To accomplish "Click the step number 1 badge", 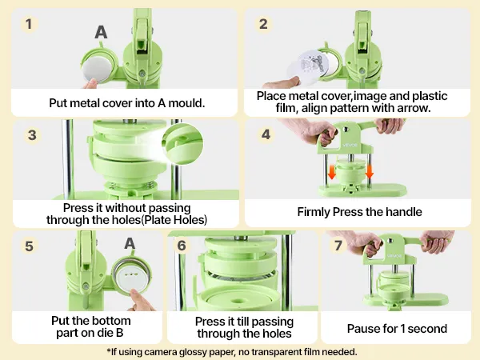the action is pos(29,24).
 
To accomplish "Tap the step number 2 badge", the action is pos(263,24).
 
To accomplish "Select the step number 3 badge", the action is pos(32,135).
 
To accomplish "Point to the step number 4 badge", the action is pos(266,134).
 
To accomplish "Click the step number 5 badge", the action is pos(29,246).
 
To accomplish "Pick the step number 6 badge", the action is pos(182,246).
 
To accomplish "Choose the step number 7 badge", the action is pos(338,246).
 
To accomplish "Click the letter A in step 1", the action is pos(101,32).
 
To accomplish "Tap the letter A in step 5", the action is pos(130,243).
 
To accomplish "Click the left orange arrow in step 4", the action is pos(331,173).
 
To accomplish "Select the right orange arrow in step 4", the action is pos(370,172).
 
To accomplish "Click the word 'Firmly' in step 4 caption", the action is pos(314,212).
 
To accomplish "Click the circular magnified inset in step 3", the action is pos(182,144).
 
